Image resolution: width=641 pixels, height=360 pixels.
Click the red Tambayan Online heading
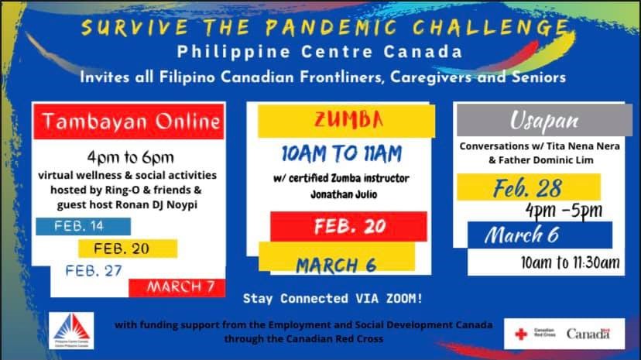pyautogui.click(x=132, y=122)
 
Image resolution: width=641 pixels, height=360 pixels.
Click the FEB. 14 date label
pyautogui.click(x=80, y=226)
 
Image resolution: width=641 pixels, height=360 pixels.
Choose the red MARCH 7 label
pyautogui.click(x=180, y=287)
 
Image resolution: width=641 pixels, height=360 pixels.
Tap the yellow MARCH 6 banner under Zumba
pyautogui.click(x=336, y=265)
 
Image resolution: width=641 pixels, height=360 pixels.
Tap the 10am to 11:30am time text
pyautogui.click(x=571, y=263)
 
